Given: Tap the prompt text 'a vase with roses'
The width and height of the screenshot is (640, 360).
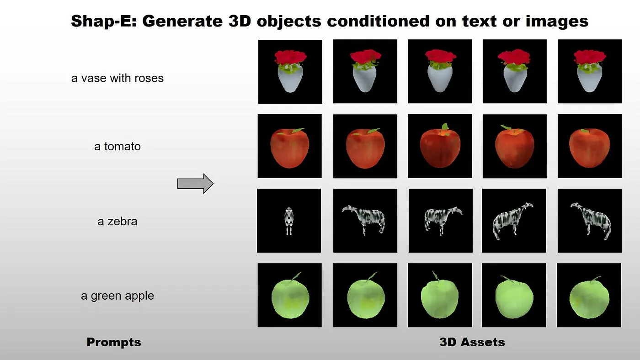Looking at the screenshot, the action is point(117,78).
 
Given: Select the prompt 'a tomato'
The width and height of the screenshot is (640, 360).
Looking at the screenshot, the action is point(117,147).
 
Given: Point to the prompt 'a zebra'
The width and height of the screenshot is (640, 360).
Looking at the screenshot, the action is point(117,221).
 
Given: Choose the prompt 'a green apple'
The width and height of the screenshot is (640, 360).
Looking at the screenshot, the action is point(117,296).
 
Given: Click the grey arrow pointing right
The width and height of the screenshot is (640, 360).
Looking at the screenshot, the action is point(196,184).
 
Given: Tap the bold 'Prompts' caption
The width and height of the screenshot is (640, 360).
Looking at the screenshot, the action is point(114,342).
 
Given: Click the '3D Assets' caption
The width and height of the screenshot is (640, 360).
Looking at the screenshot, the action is point(472,342).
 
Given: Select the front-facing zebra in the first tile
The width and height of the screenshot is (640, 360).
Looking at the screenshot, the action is point(289,221).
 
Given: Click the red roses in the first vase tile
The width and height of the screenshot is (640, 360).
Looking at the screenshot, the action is point(291,58).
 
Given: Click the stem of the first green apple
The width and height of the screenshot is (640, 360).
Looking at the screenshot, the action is point(297,276).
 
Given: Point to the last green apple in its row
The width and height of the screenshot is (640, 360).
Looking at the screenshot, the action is point(589,297).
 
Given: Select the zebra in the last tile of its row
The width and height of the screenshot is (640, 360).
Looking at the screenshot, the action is point(591,221).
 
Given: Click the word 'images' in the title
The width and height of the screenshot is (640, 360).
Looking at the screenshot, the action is point(557,21).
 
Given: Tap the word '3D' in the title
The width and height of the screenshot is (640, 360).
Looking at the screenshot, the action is point(240,21).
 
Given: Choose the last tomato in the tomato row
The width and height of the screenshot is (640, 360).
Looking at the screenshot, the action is point(589,148).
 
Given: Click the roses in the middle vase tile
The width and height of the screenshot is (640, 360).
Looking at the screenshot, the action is point(440,56).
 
